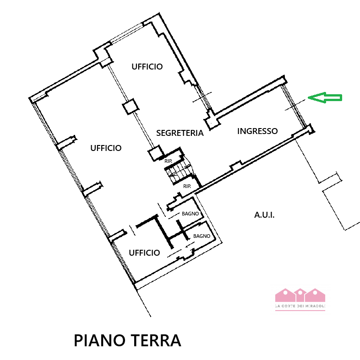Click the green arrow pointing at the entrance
click(325, 97)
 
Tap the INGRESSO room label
click(257, 131)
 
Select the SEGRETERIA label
click(180, 133)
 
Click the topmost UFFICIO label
click(147, 67)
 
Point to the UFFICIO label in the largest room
click(106, 148)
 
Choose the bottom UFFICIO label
click(144, 253)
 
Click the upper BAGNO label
click(190, 214)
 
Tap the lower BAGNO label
click(202, 236)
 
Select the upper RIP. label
click(168, 161)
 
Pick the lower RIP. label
click(187, 186)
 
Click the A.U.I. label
click(264, 215)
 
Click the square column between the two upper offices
click(130, 107)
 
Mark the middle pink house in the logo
click(300, 295)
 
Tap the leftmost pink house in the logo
click(285, 295)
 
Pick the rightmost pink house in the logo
click(316, 295)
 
